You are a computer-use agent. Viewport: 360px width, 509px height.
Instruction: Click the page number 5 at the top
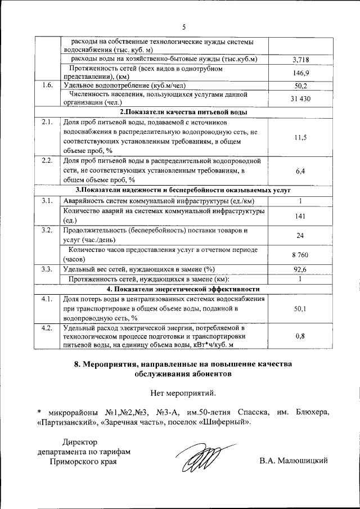pyautogui.click(x=183, y=26)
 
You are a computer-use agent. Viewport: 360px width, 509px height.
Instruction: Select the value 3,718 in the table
pyautogui.click(x=301, y=59)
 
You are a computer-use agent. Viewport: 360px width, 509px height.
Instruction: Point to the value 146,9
pyautogui.click(x=301, y=73)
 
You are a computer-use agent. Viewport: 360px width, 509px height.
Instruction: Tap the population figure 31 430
pyautogui.click(x=301, y=98)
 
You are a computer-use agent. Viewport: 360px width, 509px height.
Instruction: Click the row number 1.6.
pyautogui.click(x=47, y=85)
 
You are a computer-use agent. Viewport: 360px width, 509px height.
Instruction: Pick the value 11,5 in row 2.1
pyautogui.click(x=301, y=137)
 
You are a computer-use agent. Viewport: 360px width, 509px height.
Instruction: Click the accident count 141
pyautogui.click(x=301, y=215)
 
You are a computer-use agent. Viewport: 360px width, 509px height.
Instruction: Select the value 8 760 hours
pyautogui.click(x=301, y=255)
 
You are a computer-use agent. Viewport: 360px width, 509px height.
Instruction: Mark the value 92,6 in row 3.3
pyautogui.click(x=301, y=269)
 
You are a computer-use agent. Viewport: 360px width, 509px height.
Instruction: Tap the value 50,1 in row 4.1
pyautogui.click(x=301, y=309)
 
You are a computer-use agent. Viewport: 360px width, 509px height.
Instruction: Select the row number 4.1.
pyautogui.click(x=47, y=299)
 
